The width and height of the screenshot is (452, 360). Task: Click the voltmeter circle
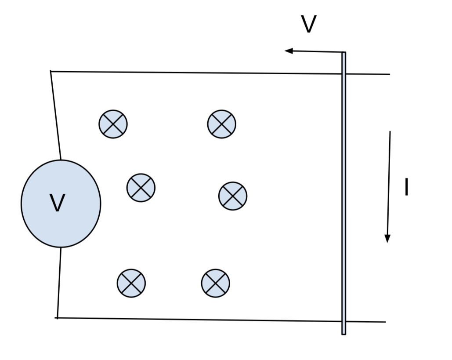pos(61,204)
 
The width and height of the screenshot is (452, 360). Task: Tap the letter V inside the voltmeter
pos(57,203)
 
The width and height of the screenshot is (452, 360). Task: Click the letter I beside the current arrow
pos(406,188)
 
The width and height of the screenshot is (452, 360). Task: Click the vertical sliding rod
pos(344,193)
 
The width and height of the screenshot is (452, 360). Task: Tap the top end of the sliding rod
pos(344,54)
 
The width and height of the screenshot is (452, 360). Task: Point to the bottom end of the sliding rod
pos(344,333)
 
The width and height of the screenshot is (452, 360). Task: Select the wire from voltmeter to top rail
pos(56,115)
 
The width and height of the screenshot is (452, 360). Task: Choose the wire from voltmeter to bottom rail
pos(58,282)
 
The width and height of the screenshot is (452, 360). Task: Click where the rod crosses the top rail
pos(344,73)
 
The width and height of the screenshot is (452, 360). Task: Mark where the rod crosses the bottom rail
pos(344,321)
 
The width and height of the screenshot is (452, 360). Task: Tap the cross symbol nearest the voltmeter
pos(141,188)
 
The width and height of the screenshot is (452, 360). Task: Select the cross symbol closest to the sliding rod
pos(233,196)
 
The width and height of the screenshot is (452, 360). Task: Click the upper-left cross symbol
pos(113,124)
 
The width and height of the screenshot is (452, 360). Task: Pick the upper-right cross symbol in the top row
pos(222,124)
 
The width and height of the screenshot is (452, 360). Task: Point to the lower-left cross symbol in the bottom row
pos(131,283)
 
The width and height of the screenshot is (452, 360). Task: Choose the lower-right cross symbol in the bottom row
pos(216,283)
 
